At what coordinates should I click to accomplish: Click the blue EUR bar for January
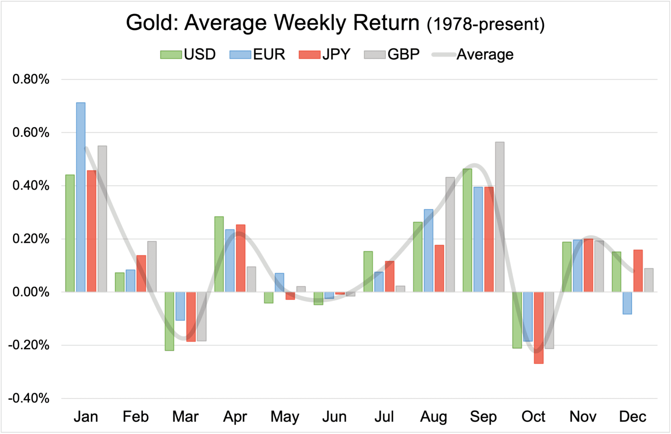pyautogui.click(x=81, y=197)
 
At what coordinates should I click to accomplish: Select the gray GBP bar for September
pyautogui.click(x=500, y=217)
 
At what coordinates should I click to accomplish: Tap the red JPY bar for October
pyautogui.click(x=538, y=328)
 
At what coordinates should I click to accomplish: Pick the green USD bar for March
pyautogui.click(x=169, y=321)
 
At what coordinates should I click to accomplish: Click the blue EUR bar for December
pyautogui.click(x=627, y=303)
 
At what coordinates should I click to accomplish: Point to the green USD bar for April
pyautogui.click(x=219, y=254)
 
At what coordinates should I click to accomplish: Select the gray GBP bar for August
pyautogui.click(x=450, y=234)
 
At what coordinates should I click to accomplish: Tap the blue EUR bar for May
pyautogui.click(x=279, y=283)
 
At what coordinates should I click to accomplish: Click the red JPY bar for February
pyautogui.click(x=141, y=273)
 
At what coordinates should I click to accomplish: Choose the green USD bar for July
pyautogui.click(x=368, y=271)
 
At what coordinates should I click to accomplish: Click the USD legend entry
pyautogui.click(x=188, y=54)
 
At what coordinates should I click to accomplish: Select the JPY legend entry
pyautogui.click(x=325, y=54)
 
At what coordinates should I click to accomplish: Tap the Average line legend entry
pyautogui.click(x=473, y=54)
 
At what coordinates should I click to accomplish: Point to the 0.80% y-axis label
pyautogui.click(x=31, y=79)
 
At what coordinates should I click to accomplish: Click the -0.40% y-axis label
pyautogui.click(x=29, y=398)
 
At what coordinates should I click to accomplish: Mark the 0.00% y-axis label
pyautogui.click(x=31, y=292)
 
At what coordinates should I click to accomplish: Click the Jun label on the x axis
pyautogui.click(x=334, y=417)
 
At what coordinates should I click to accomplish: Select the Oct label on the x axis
pyautogui.click(x=533, y=417)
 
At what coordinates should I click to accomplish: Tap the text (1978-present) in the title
pyautogui.click(x=485, y=24)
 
